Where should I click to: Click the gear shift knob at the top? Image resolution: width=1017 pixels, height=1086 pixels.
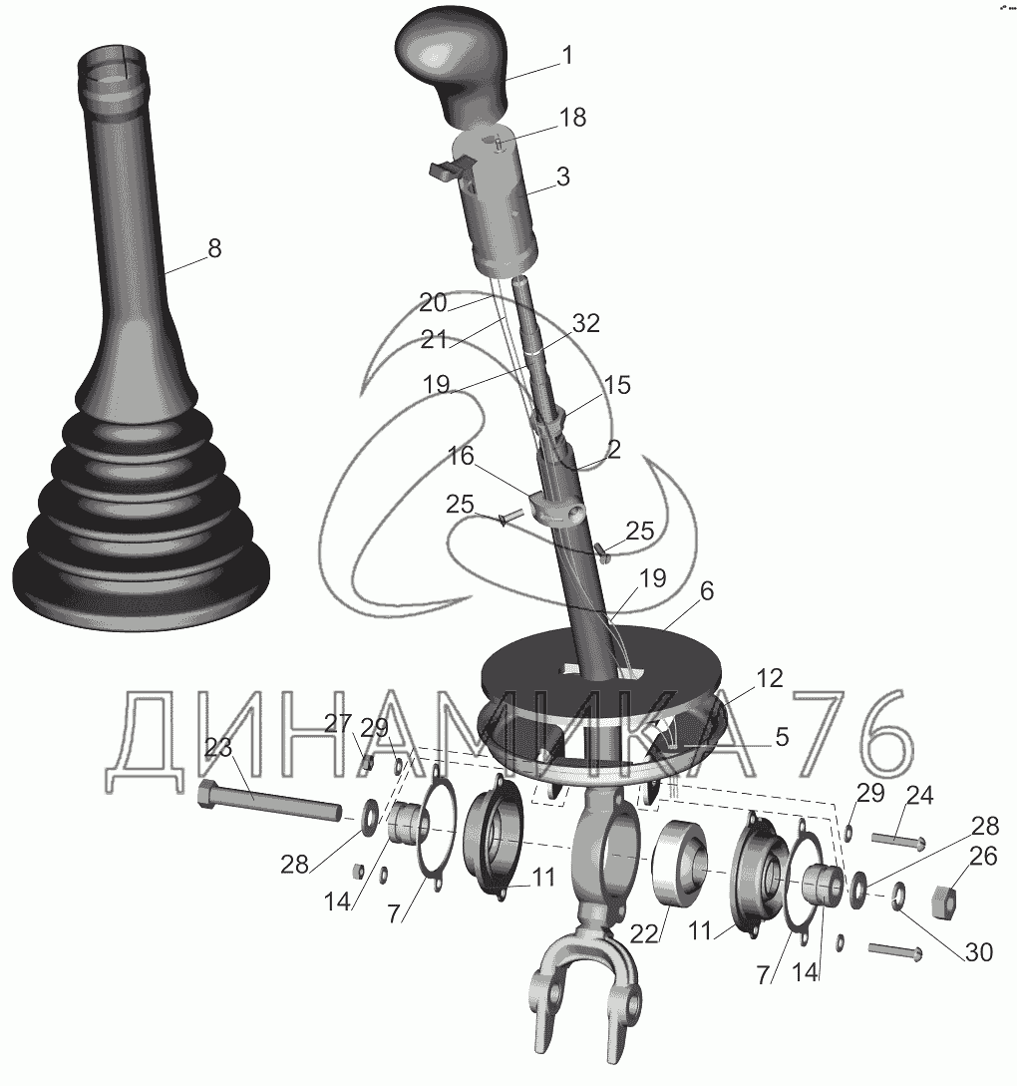click(x=452, y=66)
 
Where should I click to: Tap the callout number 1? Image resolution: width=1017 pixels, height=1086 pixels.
click(x=567, y=56)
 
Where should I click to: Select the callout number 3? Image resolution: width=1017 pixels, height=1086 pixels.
click(x=563, y=177)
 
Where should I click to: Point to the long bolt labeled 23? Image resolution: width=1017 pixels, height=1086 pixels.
click(x=270, y=801)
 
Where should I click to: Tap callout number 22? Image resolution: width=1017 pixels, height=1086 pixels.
click(x=643, y=934)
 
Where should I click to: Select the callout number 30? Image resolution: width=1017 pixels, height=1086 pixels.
click(x=979, y=952)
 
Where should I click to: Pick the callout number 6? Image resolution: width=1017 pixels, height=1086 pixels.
click(x=706, y=590)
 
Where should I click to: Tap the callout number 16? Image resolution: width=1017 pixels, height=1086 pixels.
click(x=461, y=456)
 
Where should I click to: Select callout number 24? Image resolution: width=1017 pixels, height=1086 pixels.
click(x=919, y=796)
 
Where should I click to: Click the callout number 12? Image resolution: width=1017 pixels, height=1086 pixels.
click(x=769, y=678)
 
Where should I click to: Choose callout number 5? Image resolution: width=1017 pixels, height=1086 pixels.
click(x=782, y=737)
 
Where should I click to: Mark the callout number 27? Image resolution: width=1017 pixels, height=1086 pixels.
click(x=339, y=724)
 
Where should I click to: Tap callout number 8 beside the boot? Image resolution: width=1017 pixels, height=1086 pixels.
click(x=214, y=248)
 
